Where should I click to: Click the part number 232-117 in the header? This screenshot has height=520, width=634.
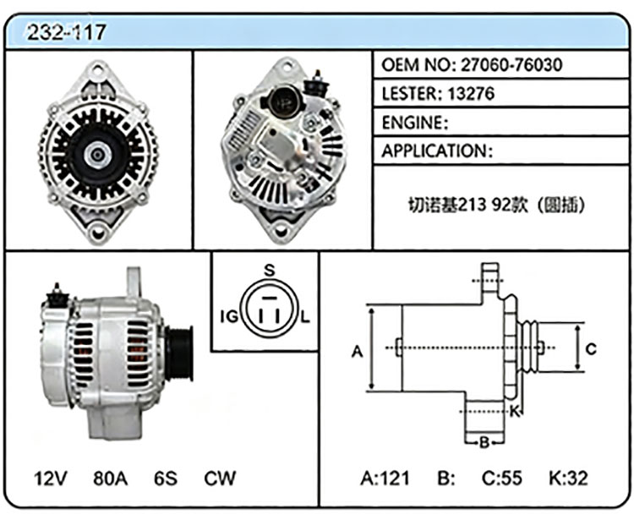click(x=66, y=32)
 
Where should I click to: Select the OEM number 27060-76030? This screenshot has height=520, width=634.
click(x=511, y=65)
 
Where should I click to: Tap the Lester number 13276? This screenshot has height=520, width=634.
click(x=471, y=94)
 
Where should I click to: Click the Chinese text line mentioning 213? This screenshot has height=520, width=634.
click(x=497, y=205)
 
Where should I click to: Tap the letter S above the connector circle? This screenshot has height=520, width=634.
click(x=270, y=270)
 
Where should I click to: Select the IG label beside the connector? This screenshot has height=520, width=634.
click(x=229, y=316)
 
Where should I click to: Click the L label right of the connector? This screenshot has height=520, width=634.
click(x=305, y=316)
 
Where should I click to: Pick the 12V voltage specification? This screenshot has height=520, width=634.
click(x=51, y=479)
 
